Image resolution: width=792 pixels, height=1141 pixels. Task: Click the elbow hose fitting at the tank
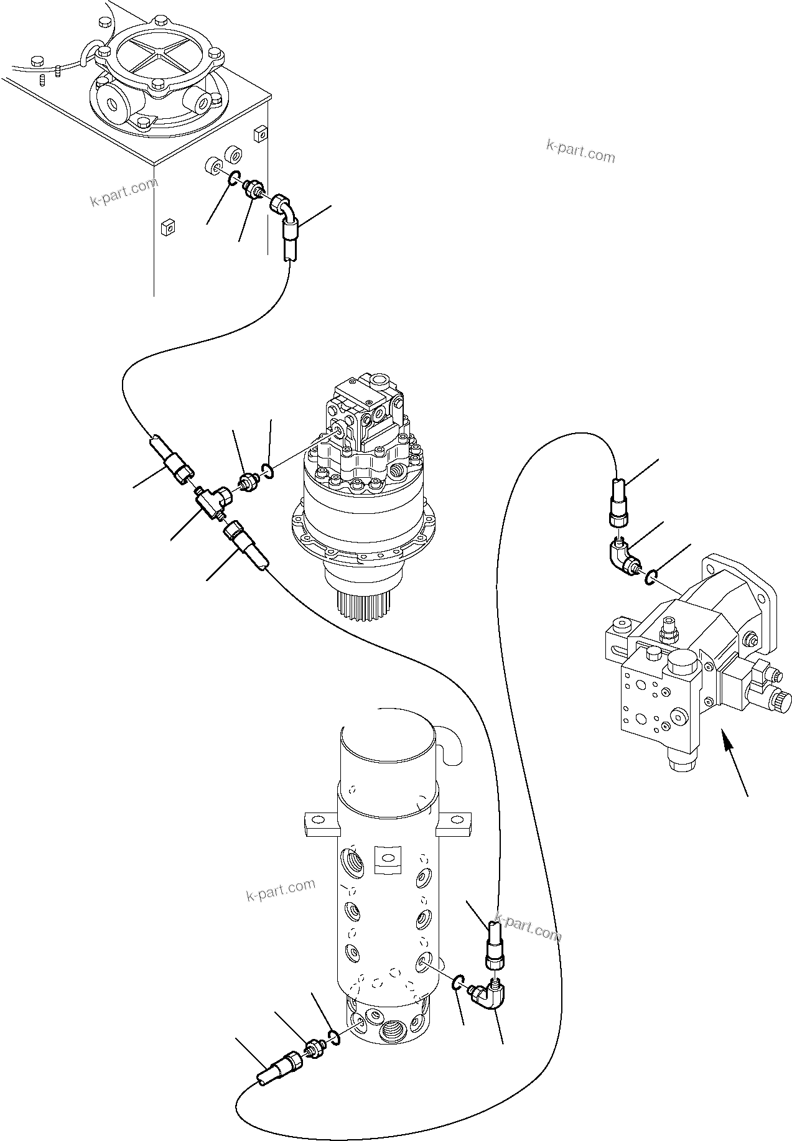286,215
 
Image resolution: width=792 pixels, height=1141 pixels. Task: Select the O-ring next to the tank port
233,179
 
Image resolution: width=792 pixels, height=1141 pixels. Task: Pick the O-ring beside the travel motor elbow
651,578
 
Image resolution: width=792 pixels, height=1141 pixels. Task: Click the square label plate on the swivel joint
386,858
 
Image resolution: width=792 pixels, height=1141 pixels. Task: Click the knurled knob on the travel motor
782,704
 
